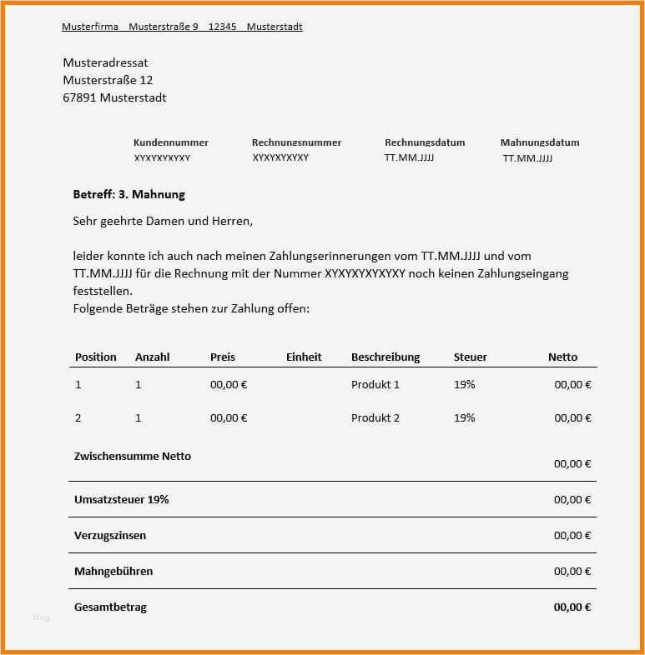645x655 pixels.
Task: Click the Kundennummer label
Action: [170, 142]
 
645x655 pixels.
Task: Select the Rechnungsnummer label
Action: [296, 142]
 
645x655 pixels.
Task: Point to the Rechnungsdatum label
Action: [425, 142]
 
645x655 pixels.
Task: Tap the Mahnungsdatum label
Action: [539, 142]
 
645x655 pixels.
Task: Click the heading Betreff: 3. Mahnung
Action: [128, 194]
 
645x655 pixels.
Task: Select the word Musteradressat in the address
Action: [105, 62]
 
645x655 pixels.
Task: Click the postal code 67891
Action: [79, 97]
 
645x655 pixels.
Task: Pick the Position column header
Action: [95, 357]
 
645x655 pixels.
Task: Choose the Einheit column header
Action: [304, 357]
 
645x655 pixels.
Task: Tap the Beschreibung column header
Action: [385, 357]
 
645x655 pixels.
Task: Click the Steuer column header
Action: [470, 357]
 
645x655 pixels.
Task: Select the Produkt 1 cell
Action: [375, 384]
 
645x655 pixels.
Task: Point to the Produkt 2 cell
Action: [375, 417]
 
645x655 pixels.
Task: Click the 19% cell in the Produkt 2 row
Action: [464, 417]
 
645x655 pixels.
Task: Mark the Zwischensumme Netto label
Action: [132, 456]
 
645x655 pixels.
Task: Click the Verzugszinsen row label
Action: [109, 535]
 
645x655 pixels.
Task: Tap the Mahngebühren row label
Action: [113, 571]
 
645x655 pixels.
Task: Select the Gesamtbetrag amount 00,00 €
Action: [572, 607]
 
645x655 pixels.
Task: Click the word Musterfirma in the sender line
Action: [90, 27]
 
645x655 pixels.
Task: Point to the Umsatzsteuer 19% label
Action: [121, 499]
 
